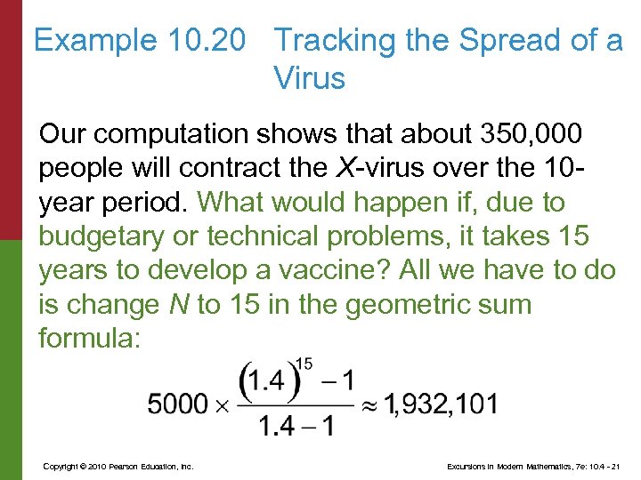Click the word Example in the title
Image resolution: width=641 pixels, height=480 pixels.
click(x=94, y=41)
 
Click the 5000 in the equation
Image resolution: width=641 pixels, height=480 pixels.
click(x=177, y=404)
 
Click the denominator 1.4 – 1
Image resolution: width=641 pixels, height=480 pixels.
click(x=297, y=427)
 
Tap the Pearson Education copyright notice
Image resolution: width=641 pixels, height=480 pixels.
click(x=118, y=467)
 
